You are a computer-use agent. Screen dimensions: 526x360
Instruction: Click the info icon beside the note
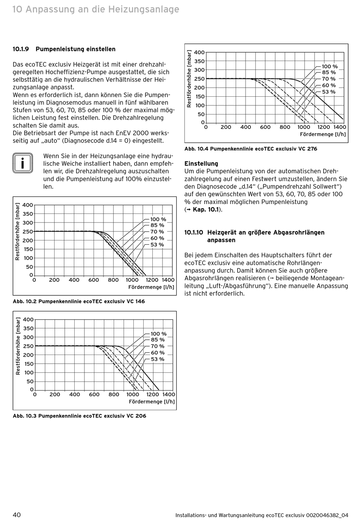(22, 163)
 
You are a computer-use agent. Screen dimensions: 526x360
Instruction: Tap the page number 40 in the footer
(17, 515)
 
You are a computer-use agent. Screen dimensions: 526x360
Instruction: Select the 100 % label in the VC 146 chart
(158, 219)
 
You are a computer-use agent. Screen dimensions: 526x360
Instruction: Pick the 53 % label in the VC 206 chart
(158, 359)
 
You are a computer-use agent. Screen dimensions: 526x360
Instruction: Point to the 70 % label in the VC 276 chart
(329, 79)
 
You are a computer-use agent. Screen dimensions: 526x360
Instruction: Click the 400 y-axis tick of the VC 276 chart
(199, 52)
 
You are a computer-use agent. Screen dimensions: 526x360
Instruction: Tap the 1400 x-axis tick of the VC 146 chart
(168, 280)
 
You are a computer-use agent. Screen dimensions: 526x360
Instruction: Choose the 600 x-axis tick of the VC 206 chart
(94, 394)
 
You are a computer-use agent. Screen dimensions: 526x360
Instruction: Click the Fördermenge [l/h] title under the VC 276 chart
(323, 134)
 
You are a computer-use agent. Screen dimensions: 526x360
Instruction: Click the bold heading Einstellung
(201, 164)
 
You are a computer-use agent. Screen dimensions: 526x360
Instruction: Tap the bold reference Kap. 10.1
(205, 209)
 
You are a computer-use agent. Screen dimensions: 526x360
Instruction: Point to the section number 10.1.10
(194, 232)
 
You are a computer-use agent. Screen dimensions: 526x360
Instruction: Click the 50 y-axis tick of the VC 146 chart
(30, 267)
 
